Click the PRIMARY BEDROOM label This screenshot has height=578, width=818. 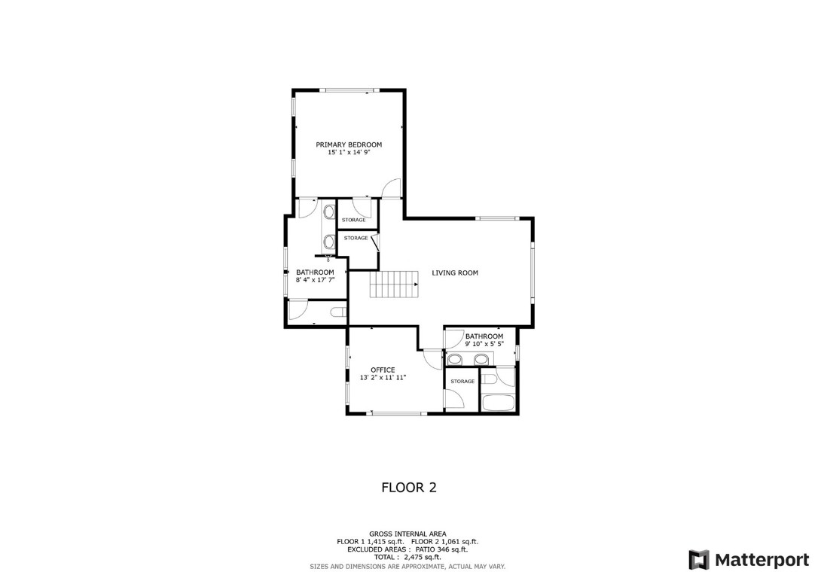(x=349, y=144)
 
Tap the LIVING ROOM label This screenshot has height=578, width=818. (x=454, y=272)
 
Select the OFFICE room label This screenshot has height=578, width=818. (x=383, y=370)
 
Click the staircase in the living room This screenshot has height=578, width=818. (x=393, y=285)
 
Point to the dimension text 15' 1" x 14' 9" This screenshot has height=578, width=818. (x=349, y=153)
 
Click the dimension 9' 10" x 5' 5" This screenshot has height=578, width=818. (x=484, y=344)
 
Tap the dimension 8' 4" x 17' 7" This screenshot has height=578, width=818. (x=315, y=280)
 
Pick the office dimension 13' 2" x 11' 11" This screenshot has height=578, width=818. (x=383, y=378)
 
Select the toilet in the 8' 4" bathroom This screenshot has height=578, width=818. (x=337, y=312)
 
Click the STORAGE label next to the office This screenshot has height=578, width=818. (x=462, y=382)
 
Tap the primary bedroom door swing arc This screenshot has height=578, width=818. (x=392, y=189)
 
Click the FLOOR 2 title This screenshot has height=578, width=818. (x=409, y=487)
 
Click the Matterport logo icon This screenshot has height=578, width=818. (x=698, y=559)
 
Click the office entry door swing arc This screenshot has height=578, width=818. (x=432, y=359)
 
